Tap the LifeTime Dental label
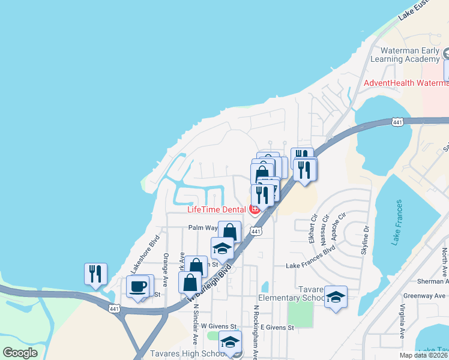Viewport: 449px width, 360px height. click(x=217, y=209)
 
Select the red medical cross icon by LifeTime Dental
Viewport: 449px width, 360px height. click(x=255, y=209)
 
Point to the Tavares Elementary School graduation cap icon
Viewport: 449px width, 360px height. click(x=336, y=297)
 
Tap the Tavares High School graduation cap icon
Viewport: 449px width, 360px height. click(x=230, y=342)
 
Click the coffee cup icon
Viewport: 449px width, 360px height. click(x=139, y=287)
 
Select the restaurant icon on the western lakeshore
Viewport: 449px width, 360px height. click(x=95, y=274)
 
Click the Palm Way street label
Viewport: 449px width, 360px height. click(x=203, y=228)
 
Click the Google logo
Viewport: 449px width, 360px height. click(x=20, y=353)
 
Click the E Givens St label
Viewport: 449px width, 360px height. click(x=277, y=328)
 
